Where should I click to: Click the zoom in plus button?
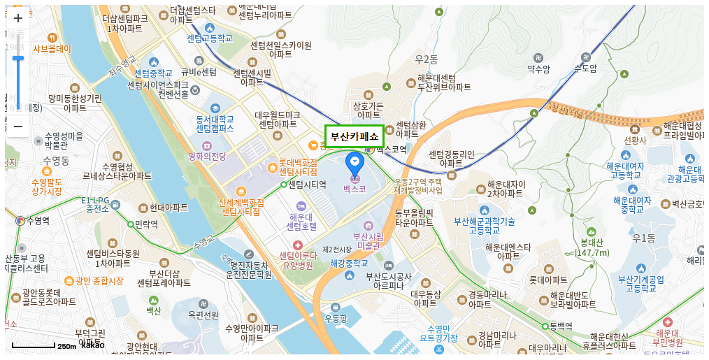point(18,18)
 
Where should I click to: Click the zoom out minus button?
point(18,127)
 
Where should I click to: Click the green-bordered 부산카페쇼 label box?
point(354,136)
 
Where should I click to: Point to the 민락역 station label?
point(145,224)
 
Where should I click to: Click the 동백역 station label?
point(561,326)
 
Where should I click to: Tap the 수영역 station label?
point(38,221)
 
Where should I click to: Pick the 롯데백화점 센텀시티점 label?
point(298,166)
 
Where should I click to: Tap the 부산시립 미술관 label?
point(368,240)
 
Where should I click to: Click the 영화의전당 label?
point(208,156)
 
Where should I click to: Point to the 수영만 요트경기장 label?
point(438,333)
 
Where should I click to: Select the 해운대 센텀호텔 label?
point(301,221)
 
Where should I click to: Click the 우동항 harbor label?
point(336,319)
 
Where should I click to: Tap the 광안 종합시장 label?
point(99,281)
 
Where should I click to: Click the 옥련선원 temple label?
point(203,315)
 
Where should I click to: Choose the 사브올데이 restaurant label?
point(52,49)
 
